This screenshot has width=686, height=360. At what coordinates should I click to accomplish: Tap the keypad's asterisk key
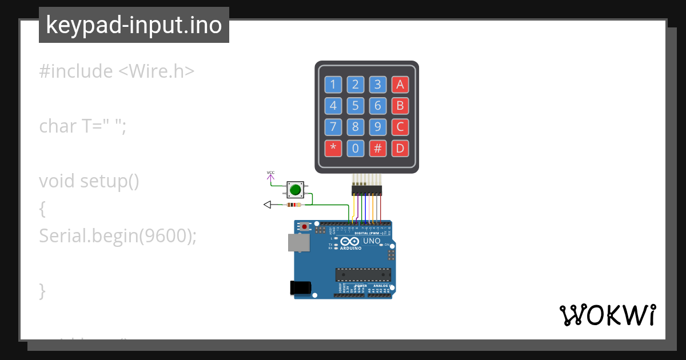tap(333, 149)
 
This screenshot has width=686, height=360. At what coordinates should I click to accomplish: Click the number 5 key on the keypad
tap(355, 106)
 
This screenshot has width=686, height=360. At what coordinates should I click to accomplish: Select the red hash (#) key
tap(377, 149)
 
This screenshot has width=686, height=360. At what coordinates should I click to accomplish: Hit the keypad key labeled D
tap(400, 149)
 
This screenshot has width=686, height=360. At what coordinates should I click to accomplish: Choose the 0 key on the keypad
tap(355, 149)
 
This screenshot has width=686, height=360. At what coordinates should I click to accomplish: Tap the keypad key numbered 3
tap(377, 85)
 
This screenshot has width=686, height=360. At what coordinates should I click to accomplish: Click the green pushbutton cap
tap(295, 190)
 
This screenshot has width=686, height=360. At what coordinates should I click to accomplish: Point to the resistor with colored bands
tap(294, 205)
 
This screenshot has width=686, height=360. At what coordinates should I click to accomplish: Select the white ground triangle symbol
tap(267, 205)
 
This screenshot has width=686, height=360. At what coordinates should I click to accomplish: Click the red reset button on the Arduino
tap(305, 227)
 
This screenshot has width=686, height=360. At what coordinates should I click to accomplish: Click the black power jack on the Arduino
tap(301, 287)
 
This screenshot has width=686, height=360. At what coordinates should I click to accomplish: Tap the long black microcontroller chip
tap(363, 274)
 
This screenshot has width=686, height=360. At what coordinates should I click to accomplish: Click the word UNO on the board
tap(372, 241)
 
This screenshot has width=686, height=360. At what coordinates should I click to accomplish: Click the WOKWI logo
tap(607, 315)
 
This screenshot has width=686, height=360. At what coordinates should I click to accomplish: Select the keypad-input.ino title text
tap(134, 25)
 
